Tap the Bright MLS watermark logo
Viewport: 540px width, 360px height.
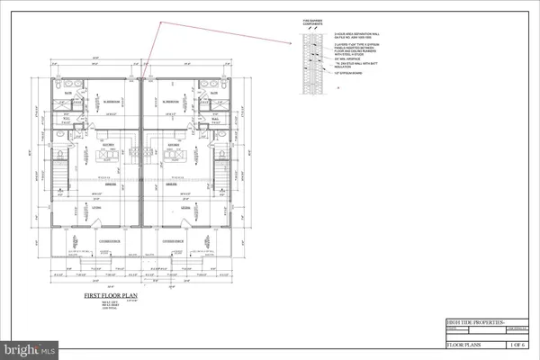30,346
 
